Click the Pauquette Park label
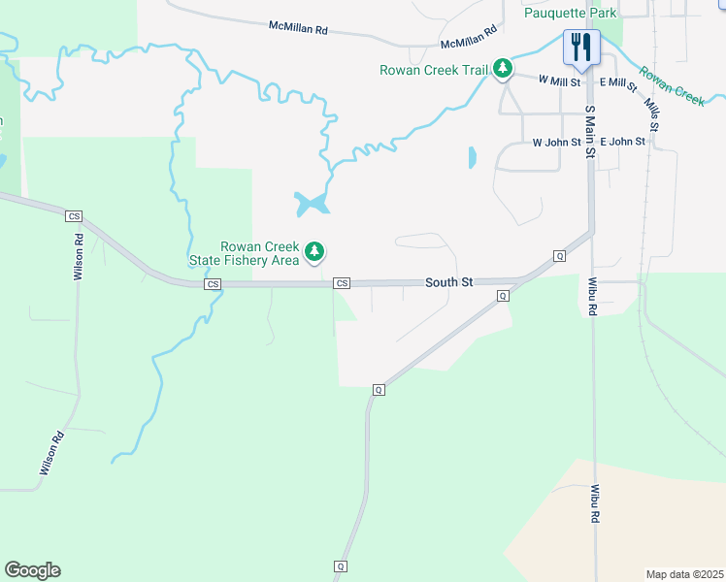tap(571, 13)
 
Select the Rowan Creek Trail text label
tap(433, 70)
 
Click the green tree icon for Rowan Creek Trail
tap(502, 69)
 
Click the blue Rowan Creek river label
tap(671, 84)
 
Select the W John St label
tap(556, 142)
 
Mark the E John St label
tap(622, 142)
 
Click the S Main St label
tap(588, 122)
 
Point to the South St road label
tap(448, 282)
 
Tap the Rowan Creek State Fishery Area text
tap(259, 252)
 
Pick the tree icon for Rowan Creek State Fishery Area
tap(313, 252)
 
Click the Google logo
tap(32, 570)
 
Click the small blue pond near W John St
tap(473, 157)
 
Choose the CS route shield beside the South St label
tap(341, 283)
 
